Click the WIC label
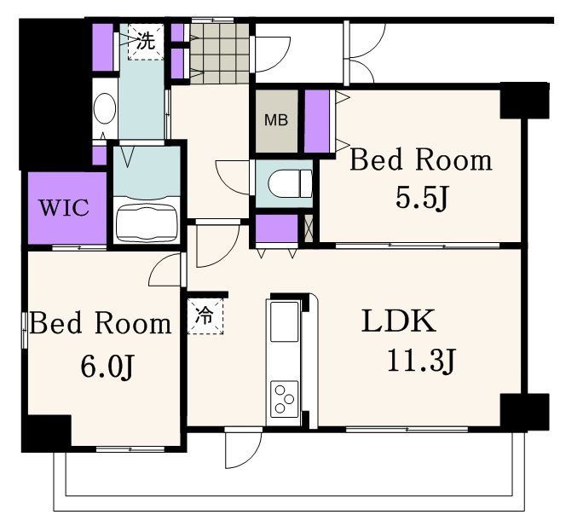point(64,207)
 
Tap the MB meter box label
point(276,120)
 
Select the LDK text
point(399,321)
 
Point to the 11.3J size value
point(421,360)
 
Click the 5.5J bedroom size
point(421,198)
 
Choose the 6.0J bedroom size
point(107,367)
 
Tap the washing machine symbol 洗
point(146,41)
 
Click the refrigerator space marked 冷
point(205,315)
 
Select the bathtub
point(146,224)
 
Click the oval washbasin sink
point(105,108)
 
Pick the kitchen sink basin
point(285,321)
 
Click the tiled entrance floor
point(220,54)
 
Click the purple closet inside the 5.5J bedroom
point(317,121)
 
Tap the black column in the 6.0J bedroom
point(47,433)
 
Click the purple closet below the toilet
point(277,228)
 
